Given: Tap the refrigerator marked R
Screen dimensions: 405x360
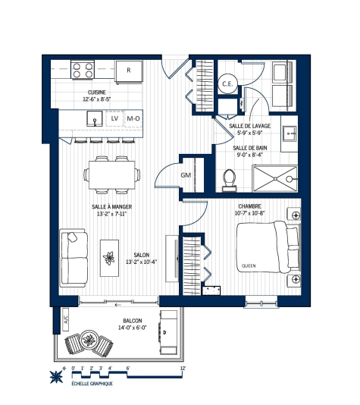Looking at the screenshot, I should (x=130, y=71).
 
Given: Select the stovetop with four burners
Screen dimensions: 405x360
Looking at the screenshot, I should (x=83, y=71).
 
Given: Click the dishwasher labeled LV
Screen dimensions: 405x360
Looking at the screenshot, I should (x=114, y=118).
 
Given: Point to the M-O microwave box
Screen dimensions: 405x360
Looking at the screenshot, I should (x=133, y=118).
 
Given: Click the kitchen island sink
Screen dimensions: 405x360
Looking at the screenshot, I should (x=94, y=118).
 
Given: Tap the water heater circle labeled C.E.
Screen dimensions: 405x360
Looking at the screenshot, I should (x=227, y=83).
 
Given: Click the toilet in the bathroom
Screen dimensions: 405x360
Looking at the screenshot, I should (x=230, y=177).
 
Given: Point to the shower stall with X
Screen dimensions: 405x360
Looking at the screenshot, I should (x=273, y=177).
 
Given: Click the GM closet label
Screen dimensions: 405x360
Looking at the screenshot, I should (x=186, y=175).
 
